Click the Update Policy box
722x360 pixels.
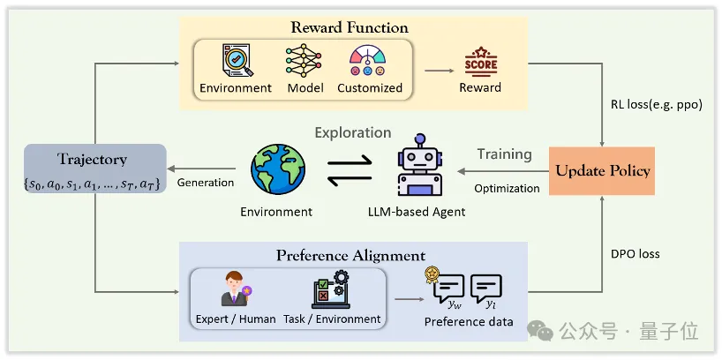coord(603,170)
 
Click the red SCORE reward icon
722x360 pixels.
coord(480,64)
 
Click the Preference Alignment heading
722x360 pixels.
coord(350,256)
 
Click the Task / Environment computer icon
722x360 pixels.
coord(329,289)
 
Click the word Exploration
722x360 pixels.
coord(353,132)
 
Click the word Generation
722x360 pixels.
coord(206,183)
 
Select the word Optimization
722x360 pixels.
coord(507,188)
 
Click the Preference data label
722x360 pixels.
coord(469,321)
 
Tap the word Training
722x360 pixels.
coord(505,154)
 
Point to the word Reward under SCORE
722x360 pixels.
coord(480,87)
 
